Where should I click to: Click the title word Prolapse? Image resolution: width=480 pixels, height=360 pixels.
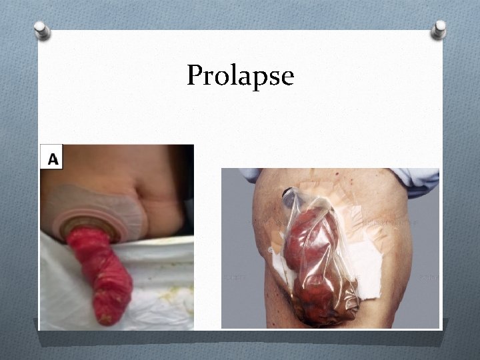(240, 75)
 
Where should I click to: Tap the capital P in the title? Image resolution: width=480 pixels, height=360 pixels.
(194, 75)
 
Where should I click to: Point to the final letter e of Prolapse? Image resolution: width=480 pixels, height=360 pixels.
(287, 77)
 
